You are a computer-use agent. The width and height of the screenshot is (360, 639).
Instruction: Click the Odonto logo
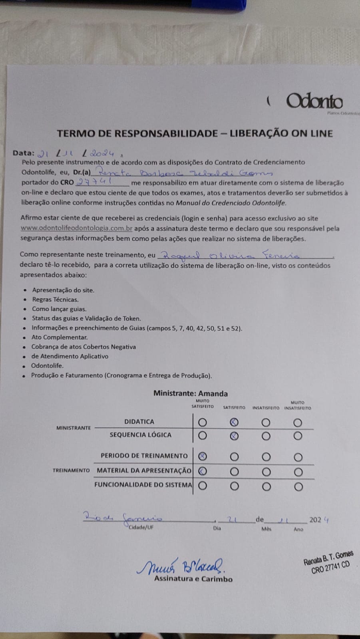click(x=314, y=101)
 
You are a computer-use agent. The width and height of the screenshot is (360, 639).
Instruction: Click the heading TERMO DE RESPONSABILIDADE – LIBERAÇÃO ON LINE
click(x=195, y=133)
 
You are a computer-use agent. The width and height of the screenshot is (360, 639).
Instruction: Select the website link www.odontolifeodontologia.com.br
click(x=76, y=228)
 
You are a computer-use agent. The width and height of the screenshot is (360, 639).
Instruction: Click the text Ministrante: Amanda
click(x=190, y=393)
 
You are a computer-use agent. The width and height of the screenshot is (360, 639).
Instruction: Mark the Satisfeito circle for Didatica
click(x=235, y=422)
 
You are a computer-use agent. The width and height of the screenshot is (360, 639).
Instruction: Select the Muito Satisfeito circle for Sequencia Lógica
click(x=203, y=436)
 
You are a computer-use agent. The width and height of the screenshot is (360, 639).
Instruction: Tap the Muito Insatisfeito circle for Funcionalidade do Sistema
click(x=298, y=486)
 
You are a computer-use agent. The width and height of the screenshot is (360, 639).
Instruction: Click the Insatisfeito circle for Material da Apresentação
click(x=266, y=472)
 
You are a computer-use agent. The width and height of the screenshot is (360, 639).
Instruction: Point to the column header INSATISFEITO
click(x=266, y=408)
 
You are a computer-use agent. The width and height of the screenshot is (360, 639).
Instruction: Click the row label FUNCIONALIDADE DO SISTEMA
click(x=143, y=485)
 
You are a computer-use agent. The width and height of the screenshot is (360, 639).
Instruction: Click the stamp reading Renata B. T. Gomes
click(x=328, y=562)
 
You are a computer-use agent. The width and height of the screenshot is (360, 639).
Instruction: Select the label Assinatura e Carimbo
click(x=193, y=579)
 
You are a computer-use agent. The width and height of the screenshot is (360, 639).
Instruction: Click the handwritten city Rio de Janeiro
click(x=122, y=518)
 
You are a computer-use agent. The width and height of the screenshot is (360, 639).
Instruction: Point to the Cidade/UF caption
click(x=141, y=527)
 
